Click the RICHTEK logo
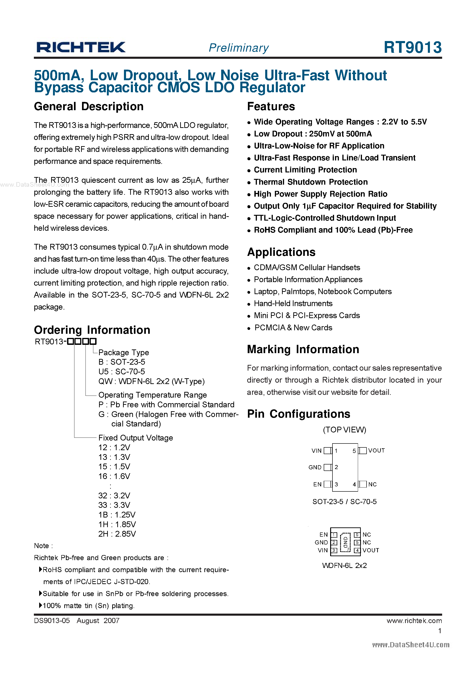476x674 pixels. [81, 47]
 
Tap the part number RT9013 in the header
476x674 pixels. [412, 47]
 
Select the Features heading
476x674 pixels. [271, 106]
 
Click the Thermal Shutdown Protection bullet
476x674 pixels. [311, 182]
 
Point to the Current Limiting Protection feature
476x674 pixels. [305, 170]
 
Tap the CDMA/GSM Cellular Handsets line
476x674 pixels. [307, 267]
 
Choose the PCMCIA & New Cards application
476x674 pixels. [293, 328]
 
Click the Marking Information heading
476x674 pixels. [303, 349]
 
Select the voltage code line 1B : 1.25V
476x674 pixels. [117, 514]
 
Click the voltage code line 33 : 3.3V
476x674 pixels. [114, 505]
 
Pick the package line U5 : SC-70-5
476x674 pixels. [121, 372]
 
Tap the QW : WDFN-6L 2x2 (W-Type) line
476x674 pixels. [151, 381]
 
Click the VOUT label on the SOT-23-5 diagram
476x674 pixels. [376, 451]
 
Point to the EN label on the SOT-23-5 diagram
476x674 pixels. [317, 484]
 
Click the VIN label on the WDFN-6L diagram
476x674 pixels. [323, 550]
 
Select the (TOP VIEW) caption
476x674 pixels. [344, 430]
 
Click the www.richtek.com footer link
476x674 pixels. [414, 621]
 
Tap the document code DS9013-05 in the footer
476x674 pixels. [52, 621]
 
